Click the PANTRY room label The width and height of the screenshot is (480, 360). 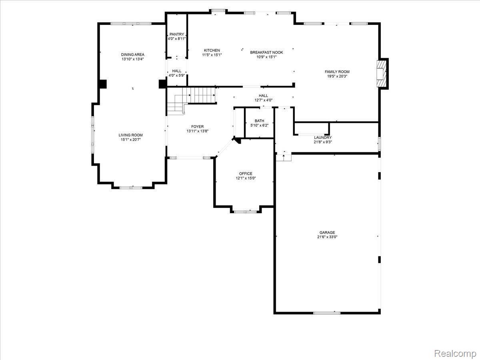[x=177, y=34]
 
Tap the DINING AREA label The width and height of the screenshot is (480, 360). [x=133, y=54]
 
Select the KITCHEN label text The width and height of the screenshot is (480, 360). [x=212, y=50]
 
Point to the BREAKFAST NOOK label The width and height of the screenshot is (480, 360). [x=266, y=52]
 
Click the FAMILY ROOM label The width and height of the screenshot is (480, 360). [x=337, y=72]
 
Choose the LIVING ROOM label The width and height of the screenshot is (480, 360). [x=130, y=135]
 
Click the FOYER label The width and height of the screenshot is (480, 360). [x=198, y=126]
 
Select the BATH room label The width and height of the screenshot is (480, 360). [x=259, y=121]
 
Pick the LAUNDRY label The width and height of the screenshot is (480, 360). [x=323, y=138]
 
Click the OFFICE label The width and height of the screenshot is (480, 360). [x=246, y=174]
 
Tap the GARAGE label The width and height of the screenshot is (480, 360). [x=327, y=232]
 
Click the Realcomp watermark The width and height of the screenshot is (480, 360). [x=455, y=354]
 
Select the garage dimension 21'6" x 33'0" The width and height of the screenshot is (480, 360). [x=327, y=237]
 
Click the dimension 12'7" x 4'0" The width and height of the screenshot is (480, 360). [x=263, y=100]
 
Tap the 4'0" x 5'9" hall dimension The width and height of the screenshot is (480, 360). [x=177, y=76]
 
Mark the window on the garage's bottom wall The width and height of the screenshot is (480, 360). [x=327, y=313]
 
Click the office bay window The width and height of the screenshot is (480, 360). [x=245, y=212]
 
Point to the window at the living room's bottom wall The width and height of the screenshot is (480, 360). [x=131, y=188]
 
